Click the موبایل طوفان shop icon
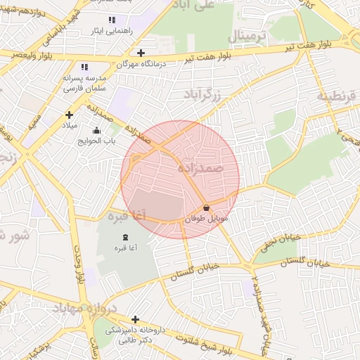point(206,208)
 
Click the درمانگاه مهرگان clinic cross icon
point(141,53)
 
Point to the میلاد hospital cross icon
point(69,115)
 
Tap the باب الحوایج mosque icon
point(96,130)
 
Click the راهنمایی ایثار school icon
point(112,20)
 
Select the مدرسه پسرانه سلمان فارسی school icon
point(84,67)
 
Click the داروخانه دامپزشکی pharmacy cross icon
point(135,319)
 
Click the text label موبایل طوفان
point(207,219)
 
